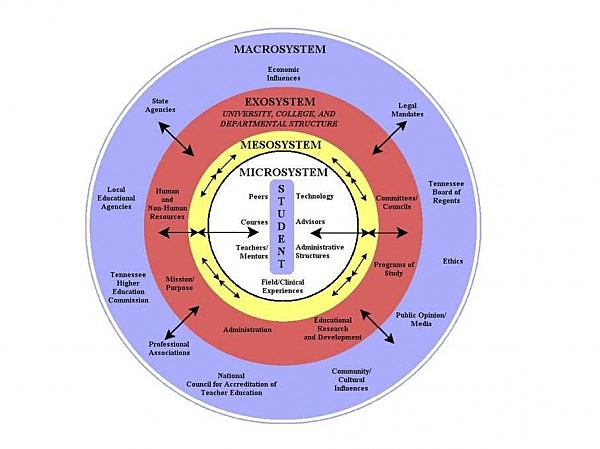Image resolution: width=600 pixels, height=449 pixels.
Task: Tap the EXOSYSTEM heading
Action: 280,102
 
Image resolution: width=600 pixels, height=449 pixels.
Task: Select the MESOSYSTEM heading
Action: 280,148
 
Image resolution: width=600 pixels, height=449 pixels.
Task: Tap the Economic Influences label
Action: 283,73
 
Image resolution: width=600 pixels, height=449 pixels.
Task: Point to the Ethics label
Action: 453,261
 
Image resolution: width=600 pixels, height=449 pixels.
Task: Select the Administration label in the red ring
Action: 245,329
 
